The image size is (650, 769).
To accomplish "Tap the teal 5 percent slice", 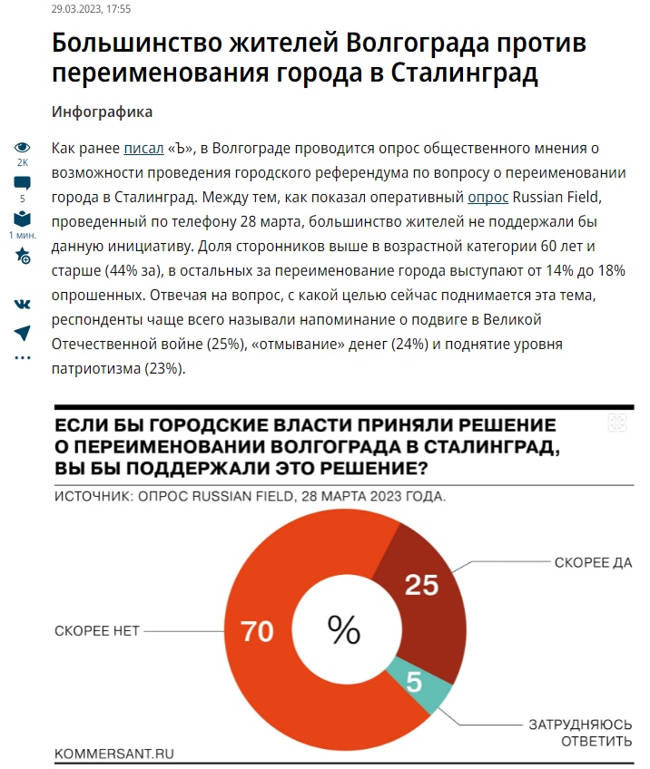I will (x=416, y=682).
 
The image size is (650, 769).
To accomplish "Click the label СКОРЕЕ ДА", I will (x=593, y=563).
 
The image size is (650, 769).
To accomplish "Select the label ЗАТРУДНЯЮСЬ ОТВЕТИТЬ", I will (x=581, y=734).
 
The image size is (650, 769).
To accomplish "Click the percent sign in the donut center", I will (x=344, y=629).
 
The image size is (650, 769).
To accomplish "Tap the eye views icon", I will (x=23, y=148).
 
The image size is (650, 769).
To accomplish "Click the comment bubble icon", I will (x=23, y=183).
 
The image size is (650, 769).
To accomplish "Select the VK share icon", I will (x=23, y=305).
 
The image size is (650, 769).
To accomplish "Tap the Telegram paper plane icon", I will (x=23, y=333).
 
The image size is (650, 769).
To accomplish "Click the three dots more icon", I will (x=23, y=358).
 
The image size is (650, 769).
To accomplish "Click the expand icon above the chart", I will (x=616, y=423).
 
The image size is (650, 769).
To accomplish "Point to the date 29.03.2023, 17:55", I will (x=91, y=9).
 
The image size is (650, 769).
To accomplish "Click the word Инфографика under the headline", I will (x=103, y=112).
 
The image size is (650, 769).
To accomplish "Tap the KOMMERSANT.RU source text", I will (x=113, y=753).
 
